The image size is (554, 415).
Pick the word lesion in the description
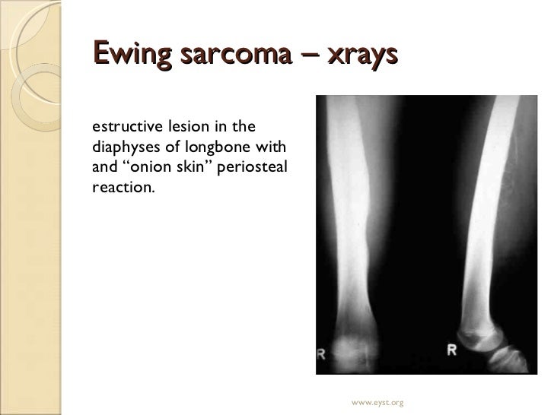tap(182, 124)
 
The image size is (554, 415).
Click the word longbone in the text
tap(220, 145)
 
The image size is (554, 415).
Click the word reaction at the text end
tap(122, 187)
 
